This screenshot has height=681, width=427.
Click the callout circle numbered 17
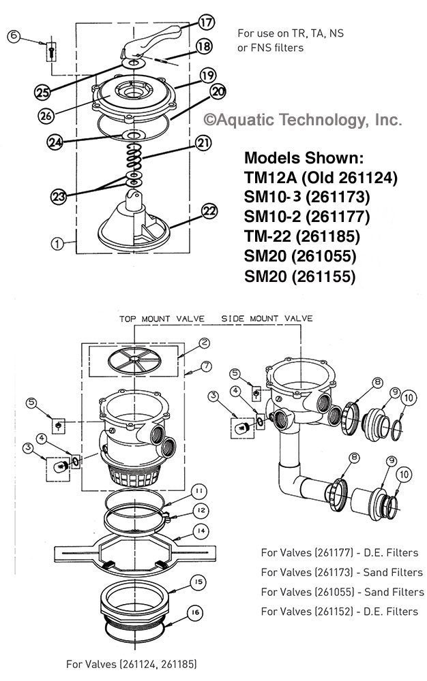point(206,22)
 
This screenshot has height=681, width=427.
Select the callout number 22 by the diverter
point(209,212)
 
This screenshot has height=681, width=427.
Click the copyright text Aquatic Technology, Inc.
point(303,121)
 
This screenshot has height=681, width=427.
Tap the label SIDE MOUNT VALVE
point(267,318)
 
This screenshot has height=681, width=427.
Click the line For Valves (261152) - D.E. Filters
point(339,611)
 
